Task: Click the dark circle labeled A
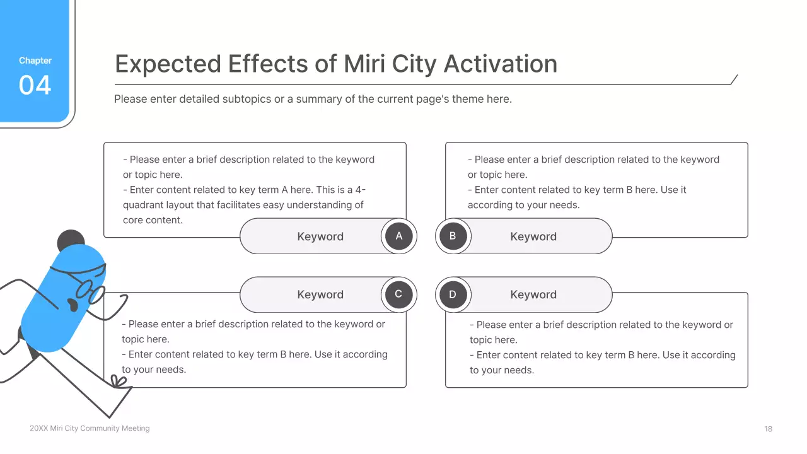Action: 399,236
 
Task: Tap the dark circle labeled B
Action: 453,236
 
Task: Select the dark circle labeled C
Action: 399,294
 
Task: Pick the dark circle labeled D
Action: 453,294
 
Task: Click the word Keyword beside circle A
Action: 320,236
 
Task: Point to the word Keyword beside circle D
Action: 533,294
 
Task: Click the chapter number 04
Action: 35,85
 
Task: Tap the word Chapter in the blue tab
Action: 35,61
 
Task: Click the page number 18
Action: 769,429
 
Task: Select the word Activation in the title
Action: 501,64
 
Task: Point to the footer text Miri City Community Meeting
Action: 100,428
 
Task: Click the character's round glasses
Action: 90,291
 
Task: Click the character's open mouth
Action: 73,305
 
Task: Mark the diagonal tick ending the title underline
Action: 734,79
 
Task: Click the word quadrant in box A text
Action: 143,205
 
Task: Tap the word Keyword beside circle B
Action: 533,236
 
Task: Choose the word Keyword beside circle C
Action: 320,294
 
